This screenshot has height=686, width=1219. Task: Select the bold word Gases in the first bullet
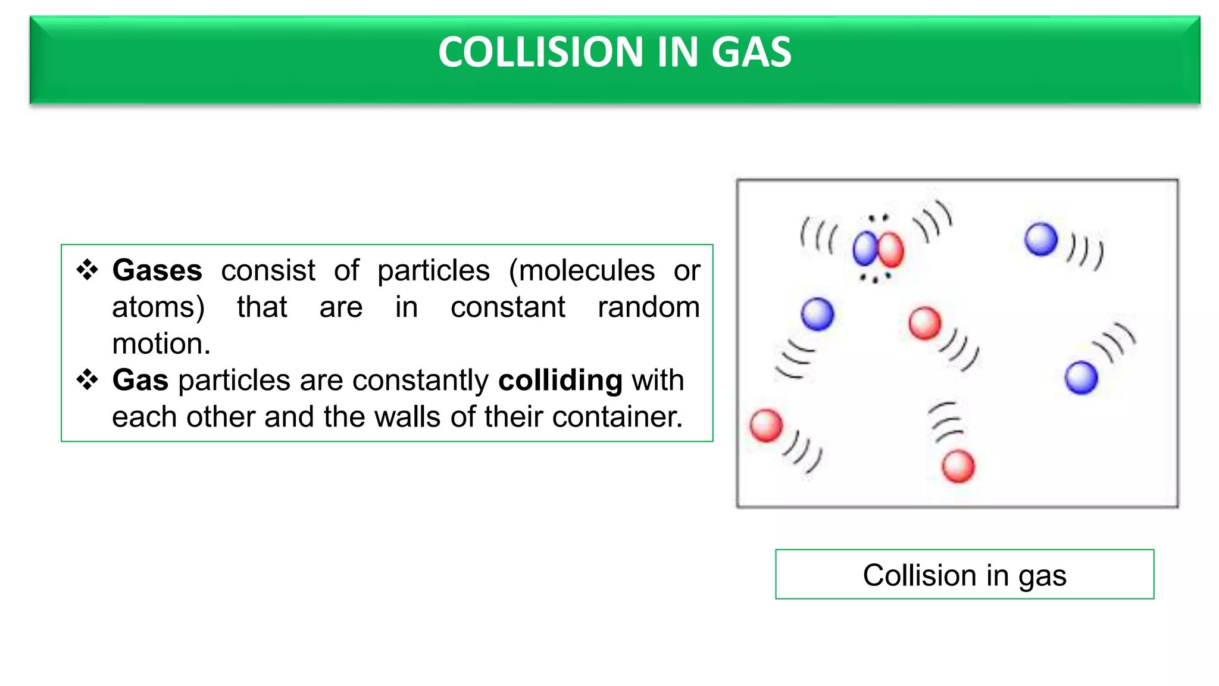point(157,270)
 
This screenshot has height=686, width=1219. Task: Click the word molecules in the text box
point(582,270)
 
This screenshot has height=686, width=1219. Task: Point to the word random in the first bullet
point(648,307)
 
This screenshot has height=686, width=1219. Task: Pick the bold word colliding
point(560,380)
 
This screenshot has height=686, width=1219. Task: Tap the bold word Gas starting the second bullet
point(140,380)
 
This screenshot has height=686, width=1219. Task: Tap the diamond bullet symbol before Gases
point(87,270)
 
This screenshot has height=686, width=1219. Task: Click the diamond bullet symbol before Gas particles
point(87,379)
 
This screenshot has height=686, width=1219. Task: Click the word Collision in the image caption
point(919,575)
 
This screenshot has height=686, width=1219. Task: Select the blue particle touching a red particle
point(865,249)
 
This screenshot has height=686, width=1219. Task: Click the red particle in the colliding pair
point(891,250)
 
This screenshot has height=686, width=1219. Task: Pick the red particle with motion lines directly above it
point(958,466)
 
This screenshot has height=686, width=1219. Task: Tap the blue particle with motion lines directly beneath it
point(817,314)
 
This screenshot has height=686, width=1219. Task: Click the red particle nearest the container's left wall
point(766,426)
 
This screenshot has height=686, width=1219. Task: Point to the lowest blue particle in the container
point(1081,378)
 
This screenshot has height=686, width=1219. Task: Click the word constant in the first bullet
point(508,307)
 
